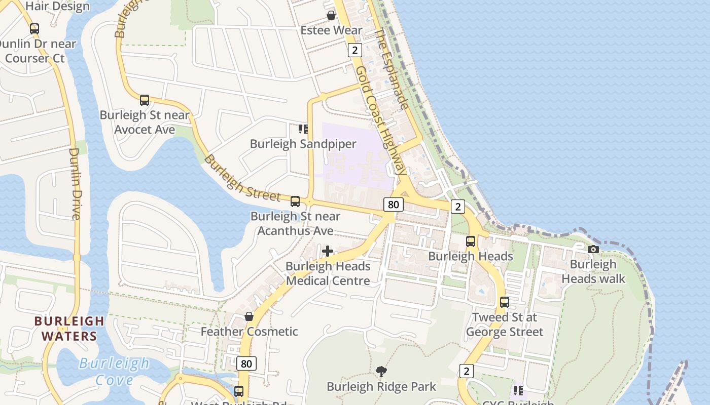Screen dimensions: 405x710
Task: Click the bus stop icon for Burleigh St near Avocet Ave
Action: tap(145, 100)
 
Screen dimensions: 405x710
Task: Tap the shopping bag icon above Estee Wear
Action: tap(331, 15)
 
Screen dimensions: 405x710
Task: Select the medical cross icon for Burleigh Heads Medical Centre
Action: tap(328, 251)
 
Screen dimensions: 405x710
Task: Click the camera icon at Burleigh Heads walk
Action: tap(593, 249)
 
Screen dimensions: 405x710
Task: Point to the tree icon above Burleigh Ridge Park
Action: tap(381, 372)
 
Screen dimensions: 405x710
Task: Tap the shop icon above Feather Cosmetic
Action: tap(249, 316)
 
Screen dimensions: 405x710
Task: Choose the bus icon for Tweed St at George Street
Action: tap(504, 302)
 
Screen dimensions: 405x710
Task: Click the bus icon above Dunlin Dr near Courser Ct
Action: tap(34, 29)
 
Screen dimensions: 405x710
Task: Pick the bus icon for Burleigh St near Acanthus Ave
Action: tap(295, 201)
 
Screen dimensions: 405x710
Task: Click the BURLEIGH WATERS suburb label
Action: tap(69, 328)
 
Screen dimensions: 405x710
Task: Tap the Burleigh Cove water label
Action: tap(114, 372)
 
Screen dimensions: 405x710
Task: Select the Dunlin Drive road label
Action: tap(75, 183)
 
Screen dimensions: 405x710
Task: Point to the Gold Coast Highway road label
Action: tap(380, 121)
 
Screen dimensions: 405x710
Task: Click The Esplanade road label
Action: tap(391, 69)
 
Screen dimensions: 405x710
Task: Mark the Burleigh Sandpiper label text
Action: tap(303, 144)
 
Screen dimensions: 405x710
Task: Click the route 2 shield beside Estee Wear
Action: tap(354, 50)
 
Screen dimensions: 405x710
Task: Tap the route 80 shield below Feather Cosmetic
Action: tap(246, 363)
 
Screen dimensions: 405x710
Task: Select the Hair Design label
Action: tap(57, 7)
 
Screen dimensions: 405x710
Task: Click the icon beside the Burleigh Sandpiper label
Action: tap(303, 129)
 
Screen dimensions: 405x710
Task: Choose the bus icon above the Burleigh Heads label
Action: tap(471, 241)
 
